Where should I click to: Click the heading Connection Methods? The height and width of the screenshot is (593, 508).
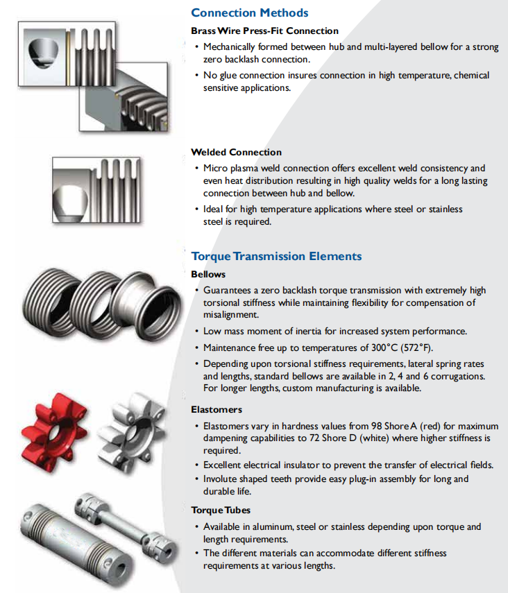249,12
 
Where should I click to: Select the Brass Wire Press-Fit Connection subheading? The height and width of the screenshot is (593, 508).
264,31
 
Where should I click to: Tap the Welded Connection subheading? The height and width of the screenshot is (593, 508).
236,152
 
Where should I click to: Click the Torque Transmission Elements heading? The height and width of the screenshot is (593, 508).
276,256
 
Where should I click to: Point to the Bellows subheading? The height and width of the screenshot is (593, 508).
208,274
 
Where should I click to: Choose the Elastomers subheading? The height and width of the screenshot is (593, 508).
217,409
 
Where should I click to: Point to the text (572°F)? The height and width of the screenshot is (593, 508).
416,347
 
